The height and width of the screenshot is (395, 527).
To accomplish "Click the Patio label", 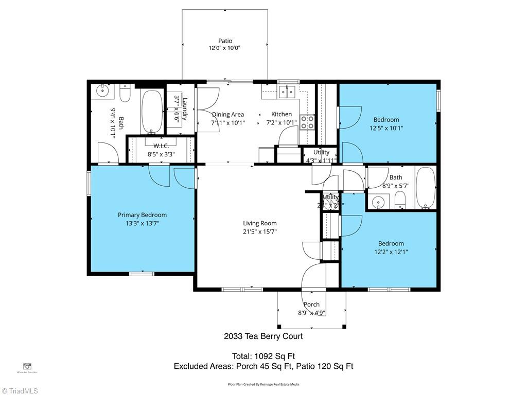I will (x=225, y=41).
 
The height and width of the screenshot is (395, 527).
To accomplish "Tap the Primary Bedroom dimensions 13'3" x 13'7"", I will (x=142, y=223).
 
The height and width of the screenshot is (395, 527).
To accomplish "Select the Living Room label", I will (x=260, y=223).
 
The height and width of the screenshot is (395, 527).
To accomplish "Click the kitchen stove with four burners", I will (x=307, y=122).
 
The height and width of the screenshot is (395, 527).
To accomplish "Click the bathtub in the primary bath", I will (x=151, y=111).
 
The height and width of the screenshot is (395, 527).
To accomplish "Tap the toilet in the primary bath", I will (x=125, y=93).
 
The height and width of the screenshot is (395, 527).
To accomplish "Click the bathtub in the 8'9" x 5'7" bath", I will (x=426, y=188).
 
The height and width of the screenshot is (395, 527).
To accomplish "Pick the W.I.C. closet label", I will (x=161, y=146).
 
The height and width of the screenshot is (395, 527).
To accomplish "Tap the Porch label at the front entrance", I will (x=311, y=304).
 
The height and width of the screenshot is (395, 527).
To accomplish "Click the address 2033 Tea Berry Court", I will (x=263, y=336).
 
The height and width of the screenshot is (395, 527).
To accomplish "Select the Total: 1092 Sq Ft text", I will (x=263, y=356).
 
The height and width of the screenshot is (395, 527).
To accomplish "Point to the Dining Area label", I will (x=228, y=114).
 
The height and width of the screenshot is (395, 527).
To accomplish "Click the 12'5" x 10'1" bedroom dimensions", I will (x=386, y=128).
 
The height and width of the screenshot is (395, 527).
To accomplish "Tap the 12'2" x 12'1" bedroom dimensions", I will (x=391, y=252).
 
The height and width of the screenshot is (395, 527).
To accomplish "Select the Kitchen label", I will (x=282, y=114).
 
